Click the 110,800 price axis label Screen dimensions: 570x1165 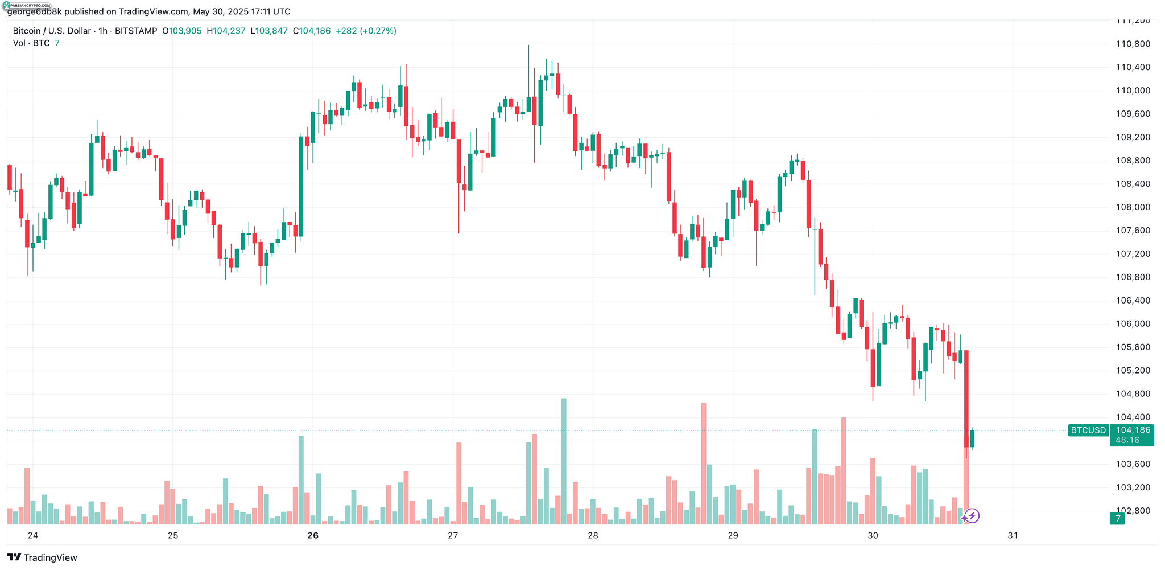tap(1133, 44)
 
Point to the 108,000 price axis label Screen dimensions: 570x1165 tap(1133, 207)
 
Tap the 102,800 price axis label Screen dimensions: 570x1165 tap(1133, 511)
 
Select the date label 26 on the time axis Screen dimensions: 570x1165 tap(312, 535)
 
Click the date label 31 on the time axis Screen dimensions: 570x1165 tap(1013, 535)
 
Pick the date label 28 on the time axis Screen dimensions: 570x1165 tap(593, 535)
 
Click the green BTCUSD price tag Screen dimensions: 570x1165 tap(1088, 430)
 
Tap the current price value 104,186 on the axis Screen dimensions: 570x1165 tap(1133, 430)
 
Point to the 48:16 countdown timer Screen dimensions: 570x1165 tap(1127, 440)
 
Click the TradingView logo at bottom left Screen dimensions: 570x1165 tap(42, 557)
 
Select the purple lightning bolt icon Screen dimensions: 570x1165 tap(972, 516)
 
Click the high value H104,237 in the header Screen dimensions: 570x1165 tap(226, 31)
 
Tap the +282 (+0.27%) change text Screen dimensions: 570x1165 tap(366, 31)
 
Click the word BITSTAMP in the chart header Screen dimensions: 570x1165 tap(136, 31)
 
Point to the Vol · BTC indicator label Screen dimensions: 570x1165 tap(31, 43)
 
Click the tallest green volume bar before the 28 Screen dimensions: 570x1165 tap(564, 461)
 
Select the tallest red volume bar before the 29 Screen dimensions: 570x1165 tap(704, 464)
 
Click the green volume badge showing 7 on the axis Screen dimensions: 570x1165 tap(1117, 519)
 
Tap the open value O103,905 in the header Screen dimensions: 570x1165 tap(182, 31)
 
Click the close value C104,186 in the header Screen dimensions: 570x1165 tap(312, 31)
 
